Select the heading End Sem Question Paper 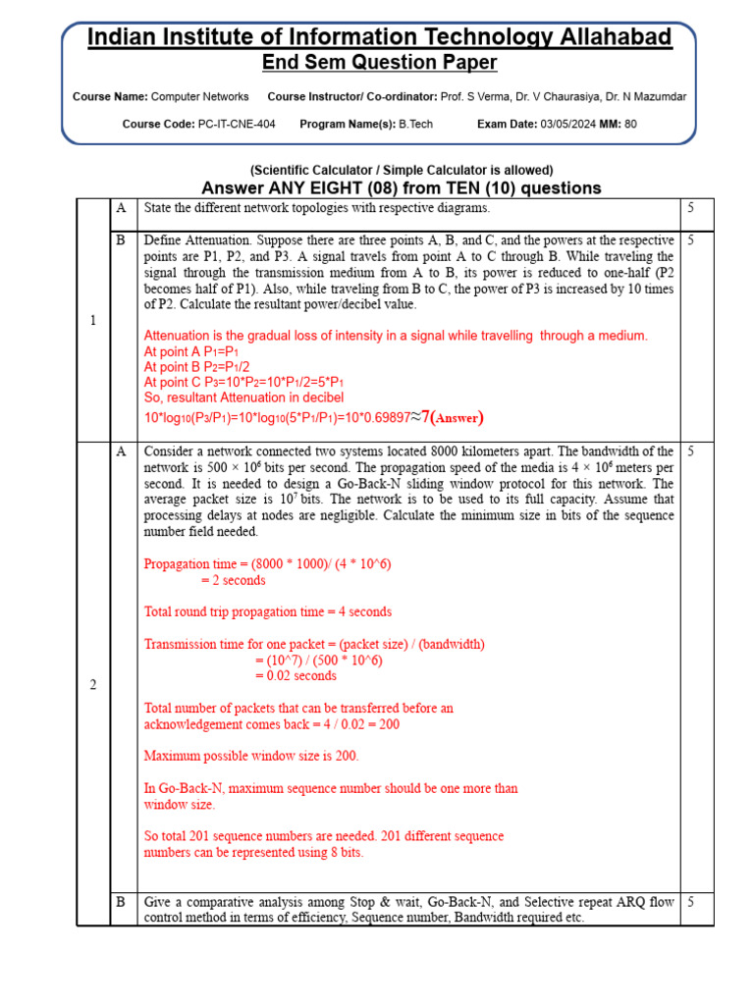tap(379, 63)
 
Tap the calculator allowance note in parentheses tap(402, 170)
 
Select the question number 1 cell tap(93, 321)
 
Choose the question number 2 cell tap(93, 684)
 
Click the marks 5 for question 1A tap(691, 208)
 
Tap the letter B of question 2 tap(121, 902)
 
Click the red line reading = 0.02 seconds tap(296, 675)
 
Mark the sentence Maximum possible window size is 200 tap(251, 756)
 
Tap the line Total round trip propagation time tap(267, 611)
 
